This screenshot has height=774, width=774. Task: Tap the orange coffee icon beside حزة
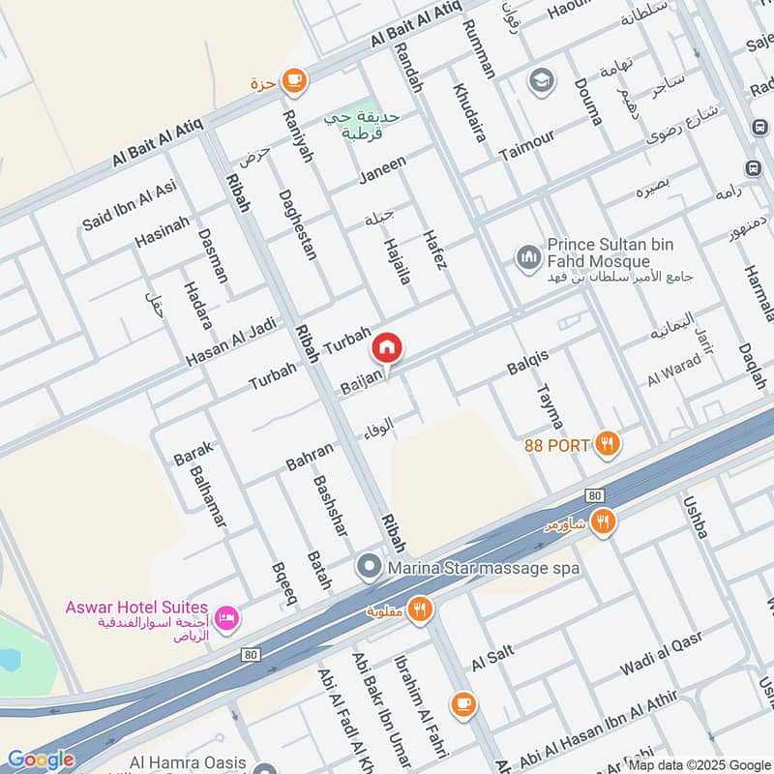(x=294, y=81)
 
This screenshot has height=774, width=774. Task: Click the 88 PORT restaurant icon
(x=607, y=444)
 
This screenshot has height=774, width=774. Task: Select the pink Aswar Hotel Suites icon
(x=226, y=617)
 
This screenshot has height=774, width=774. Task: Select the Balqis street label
(x=527, y=362)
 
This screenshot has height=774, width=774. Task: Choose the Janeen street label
(x=382, y=168)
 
